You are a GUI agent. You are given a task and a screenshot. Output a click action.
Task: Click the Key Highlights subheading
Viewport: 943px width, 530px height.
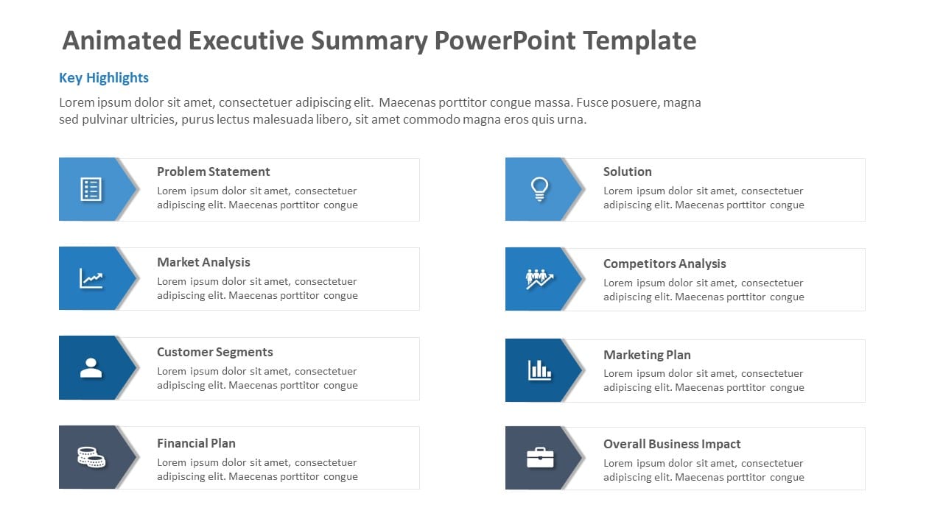coord(104,78)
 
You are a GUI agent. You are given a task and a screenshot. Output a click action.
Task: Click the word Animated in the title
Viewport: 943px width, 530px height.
coord(122,40)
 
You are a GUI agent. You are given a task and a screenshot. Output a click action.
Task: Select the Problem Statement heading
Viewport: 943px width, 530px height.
coord(213,172)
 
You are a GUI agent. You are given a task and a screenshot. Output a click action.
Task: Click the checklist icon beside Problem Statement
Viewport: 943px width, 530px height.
coord(91,189)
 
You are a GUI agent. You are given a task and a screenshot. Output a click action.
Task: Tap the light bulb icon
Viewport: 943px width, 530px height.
coord(539,189)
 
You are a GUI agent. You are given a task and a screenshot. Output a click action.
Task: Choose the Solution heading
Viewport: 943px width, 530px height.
coord(627,172)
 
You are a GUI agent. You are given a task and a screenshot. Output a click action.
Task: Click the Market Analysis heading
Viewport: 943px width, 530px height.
coord(203,262)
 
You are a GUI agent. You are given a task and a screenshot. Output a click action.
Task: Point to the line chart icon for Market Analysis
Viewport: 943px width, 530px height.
coord(91,279)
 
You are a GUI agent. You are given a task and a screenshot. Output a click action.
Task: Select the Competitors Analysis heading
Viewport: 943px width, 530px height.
coord(664,264)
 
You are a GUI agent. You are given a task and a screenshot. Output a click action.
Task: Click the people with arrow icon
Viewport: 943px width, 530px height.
coord(539,279)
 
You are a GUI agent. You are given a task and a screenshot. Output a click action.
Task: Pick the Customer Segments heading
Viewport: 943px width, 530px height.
coord(214,352)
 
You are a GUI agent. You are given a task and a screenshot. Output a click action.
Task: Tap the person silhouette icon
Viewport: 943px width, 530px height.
coord(91,368)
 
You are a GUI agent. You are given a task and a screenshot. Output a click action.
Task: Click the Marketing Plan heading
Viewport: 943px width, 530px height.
coord(646,355)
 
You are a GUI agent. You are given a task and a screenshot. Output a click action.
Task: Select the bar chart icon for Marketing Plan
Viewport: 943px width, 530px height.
coord(539,370)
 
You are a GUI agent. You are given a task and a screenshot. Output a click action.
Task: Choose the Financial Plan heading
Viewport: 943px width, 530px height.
coord(196,443)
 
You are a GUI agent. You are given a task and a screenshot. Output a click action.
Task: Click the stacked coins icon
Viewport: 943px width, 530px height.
coord(91,457)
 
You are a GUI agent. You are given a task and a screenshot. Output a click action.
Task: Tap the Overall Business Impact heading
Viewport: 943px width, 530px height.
coord(671,444)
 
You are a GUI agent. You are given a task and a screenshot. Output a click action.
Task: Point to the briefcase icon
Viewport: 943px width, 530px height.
coord(539,458)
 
